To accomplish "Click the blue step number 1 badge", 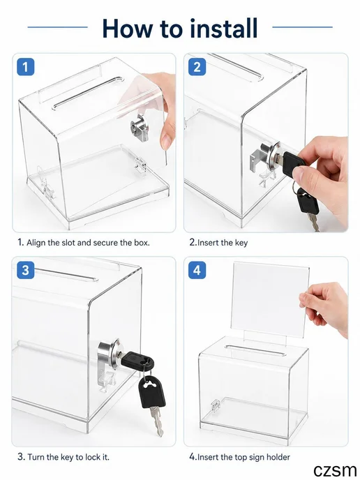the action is tap(25, 67).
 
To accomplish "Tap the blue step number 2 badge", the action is tap(197, 67).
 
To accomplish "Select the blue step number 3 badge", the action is tap(25, 270).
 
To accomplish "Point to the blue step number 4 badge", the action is tap(197, 270).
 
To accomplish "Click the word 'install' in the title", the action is tap(223, 28).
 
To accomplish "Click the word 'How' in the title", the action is tap(127, 28).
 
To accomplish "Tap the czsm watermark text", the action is tap(335, 470).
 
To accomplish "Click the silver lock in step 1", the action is tap(140, 128).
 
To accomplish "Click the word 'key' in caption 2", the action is tap(241, 243).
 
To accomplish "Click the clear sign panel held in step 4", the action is tap(270, 299).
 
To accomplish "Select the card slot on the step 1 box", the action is tap(89, 93).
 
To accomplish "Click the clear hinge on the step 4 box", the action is tap(215, 405).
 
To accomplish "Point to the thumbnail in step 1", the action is tap(166, 142).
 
